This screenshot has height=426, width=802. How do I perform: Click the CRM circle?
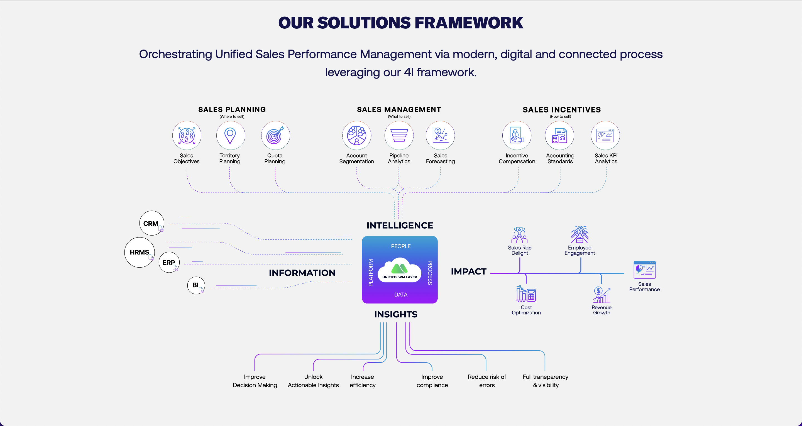(x=151, y=223)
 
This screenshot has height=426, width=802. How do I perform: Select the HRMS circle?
(x=140, y=252)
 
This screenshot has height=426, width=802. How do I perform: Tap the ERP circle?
(x=169, y=263)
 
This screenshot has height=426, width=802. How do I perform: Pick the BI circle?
(x=196, y=285)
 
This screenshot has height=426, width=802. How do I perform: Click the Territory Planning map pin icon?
(x=230, y=136)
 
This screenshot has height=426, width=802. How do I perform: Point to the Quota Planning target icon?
(x=275, y=136)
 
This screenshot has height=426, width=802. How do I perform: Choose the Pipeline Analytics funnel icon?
(x=399, y=136)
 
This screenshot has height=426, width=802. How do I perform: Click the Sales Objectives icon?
(x=187, y=136)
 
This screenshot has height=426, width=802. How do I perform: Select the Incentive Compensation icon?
(x=517, y=136)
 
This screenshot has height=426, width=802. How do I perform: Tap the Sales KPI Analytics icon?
(x=605, y=136)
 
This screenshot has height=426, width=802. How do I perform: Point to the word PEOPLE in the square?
(x=401, y=246)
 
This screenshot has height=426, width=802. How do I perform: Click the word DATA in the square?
(x=401, y=295)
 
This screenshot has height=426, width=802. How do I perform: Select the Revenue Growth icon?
(x=601, y=295)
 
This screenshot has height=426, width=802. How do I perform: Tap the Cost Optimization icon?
(x=526, y=293)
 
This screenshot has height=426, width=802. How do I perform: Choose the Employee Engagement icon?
(x=580, y=234)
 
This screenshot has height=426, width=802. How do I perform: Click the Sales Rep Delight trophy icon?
(x=519, y=235)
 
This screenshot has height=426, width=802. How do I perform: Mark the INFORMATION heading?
(x=302, y=273)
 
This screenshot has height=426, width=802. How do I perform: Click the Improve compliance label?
(x=432, y=381)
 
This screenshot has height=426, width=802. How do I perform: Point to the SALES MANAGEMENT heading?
(x=399, y=110)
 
